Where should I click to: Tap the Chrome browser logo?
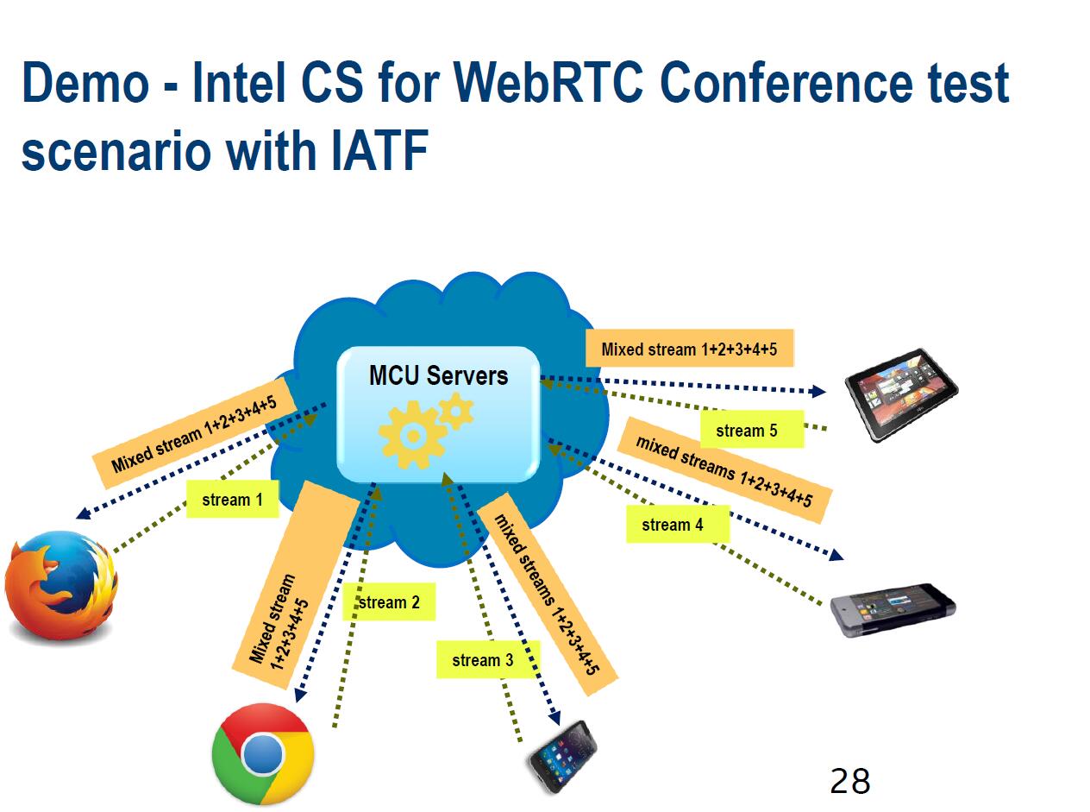263,754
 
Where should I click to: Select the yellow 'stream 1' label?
233,500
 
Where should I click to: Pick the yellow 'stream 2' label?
389,602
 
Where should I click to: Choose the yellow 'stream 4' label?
678,525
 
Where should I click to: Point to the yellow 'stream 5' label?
752,430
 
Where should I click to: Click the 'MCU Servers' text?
438,375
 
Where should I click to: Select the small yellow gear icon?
456,411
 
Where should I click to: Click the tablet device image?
901,394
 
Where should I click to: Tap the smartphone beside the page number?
564,757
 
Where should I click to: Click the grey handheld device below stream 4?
893,610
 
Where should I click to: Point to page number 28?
850,781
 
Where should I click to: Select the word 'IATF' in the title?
379,150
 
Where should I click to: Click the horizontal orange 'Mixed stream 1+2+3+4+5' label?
690,349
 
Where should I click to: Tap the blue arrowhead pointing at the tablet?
817,392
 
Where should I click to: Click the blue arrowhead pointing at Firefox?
84,513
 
